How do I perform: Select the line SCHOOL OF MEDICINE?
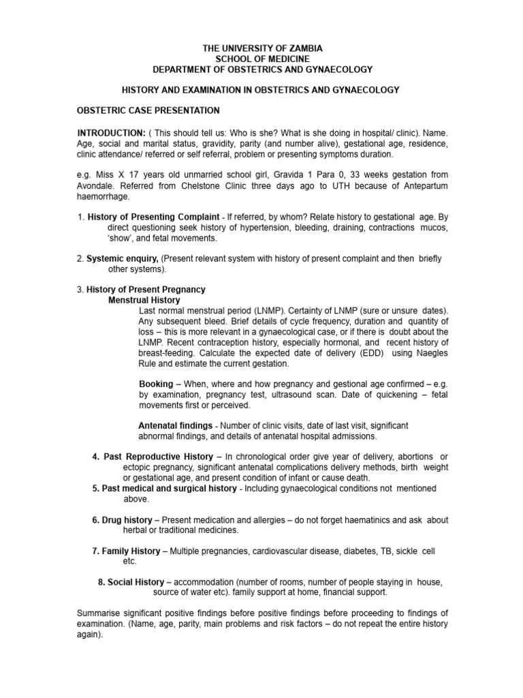(x=262, y=59)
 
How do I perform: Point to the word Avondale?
(x=97, y=185)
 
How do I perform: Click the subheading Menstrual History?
(x=144, y=300)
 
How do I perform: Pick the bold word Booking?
(x=156, y=384)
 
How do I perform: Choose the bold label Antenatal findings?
(x=175, y=425)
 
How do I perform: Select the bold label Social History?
(x=136, y=582)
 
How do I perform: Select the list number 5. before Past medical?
(x=96, y=488)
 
